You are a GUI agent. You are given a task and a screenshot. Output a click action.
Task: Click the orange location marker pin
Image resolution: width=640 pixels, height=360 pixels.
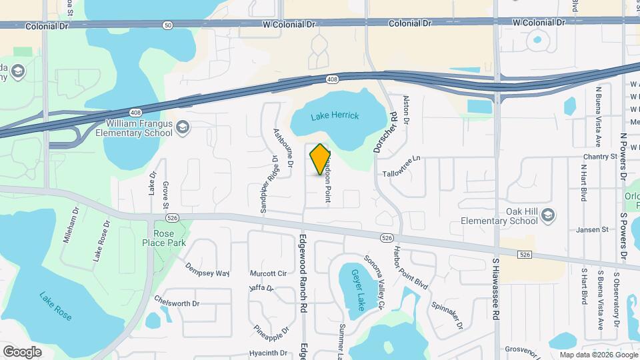point(320,160)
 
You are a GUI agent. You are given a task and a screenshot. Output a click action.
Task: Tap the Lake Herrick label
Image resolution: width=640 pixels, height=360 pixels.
point(335,116)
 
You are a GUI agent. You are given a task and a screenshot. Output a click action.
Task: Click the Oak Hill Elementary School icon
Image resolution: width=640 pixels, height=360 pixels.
point(547,215)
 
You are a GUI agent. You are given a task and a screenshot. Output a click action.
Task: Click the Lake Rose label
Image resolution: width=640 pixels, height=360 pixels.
point(55,306)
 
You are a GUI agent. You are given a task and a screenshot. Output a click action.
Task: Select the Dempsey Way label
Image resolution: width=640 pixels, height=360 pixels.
point(207,273)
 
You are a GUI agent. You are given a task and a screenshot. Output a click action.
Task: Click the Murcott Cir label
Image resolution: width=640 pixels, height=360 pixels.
point(267,273)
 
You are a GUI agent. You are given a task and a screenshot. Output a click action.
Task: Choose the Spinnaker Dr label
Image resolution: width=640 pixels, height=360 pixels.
point(447,314)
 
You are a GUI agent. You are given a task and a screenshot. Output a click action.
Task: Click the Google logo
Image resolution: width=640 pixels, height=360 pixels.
point(22,351)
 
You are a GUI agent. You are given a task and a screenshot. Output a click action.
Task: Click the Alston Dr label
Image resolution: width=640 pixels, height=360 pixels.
point(406,110)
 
